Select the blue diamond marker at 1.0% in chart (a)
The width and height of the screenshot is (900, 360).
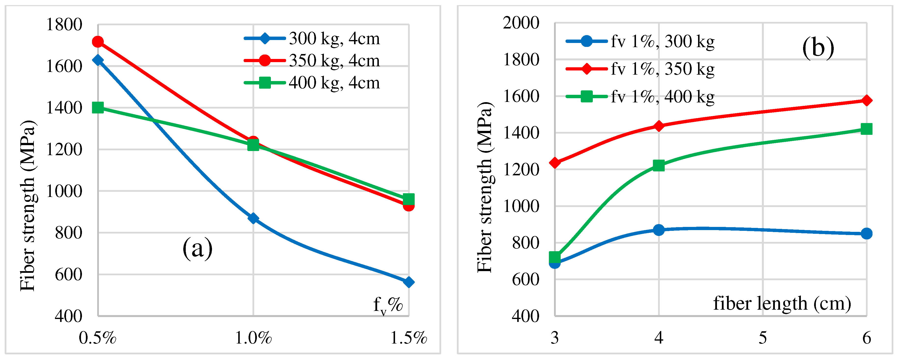click(253, 219)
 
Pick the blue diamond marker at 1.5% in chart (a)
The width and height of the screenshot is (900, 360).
click(409, 282)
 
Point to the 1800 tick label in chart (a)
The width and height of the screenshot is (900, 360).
click(64, 25)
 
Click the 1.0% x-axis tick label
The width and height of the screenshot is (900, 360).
click(253, 338)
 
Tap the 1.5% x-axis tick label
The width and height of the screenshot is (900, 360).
click(409, 338)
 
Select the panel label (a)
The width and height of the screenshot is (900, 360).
click(198, 248)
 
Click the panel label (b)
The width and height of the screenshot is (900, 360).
click(818, 48)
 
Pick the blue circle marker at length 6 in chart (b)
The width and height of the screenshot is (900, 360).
click(866, 234)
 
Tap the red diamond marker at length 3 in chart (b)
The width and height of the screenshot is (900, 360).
click(555, 163)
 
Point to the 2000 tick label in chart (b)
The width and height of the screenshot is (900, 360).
click(521, 23)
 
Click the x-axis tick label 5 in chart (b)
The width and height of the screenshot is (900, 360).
click(763, 338)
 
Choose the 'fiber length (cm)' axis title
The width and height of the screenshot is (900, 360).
click(782, 303)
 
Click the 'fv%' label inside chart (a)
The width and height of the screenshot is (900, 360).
click(388, 305)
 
